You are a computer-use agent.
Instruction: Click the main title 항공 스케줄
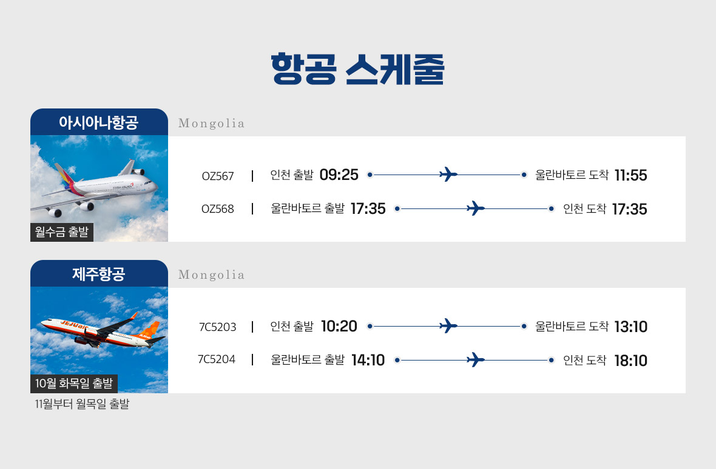pos(357,69)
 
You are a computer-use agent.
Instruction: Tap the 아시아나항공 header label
pos(99,122)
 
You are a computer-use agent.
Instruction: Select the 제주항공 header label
pos(99,274)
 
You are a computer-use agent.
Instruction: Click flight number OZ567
pos(218,176)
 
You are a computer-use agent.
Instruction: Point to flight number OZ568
pos(218,209)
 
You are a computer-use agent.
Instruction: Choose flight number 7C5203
pos(218,327)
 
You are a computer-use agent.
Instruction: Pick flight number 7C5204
pos(217,359)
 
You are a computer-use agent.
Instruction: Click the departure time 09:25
pos(339,175)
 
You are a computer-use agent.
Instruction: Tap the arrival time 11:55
pos(630,175)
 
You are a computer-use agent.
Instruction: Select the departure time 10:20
pos(339,326)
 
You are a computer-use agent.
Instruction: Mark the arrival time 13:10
pos(630,327)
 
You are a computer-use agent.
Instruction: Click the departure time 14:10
pos(368,360)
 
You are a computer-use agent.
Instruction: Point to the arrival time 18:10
pos(630,361)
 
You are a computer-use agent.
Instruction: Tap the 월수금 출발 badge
pos(62,232)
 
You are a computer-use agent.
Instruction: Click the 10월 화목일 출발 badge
pos(74,384)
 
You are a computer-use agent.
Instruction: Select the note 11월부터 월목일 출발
pos(82,404)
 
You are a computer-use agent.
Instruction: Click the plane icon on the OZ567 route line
pos(448,174)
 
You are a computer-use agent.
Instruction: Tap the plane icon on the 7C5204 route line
pos(476,359)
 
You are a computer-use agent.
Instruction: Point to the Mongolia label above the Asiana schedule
pos(211,124)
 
